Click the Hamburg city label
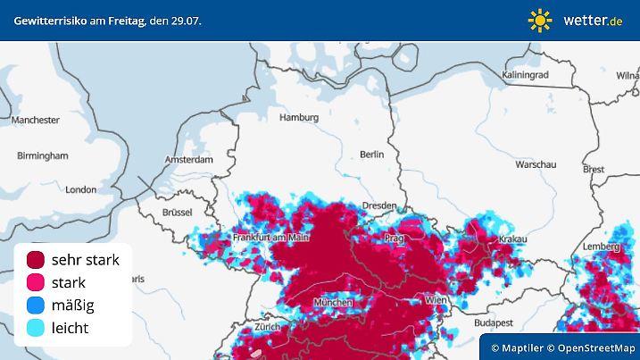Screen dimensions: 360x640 coord(299,117)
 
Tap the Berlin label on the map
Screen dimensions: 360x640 coord(371,155)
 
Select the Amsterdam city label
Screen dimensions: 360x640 coord(189,160)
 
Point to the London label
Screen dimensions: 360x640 coord(80,189)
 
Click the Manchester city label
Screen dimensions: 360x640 coord(36,120)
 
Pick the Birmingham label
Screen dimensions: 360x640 coord(42,155)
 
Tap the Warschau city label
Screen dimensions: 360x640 coord(536,165)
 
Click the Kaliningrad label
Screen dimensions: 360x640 coord(525,75)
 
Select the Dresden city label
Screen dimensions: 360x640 coord(379,205)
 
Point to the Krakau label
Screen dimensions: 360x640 coord(512,239)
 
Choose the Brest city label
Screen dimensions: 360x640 coord(594,169)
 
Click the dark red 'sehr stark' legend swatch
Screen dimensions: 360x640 coord(36,260)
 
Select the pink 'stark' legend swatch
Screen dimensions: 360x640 coord(36,282)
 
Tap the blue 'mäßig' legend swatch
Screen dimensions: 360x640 coord(36,306)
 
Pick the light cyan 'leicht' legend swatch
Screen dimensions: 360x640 coord(36,329)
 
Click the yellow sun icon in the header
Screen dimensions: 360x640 coord(540,20)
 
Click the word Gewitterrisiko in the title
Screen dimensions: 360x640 coord(51,20)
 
